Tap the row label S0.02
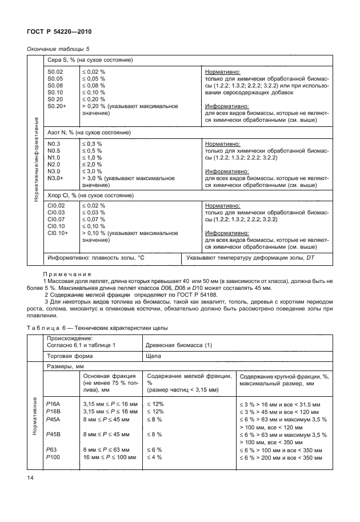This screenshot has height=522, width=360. point(55,71)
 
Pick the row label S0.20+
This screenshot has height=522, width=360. point(57,106)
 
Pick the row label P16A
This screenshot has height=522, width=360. point(55,404)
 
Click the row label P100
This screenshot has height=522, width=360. point(54,457)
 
